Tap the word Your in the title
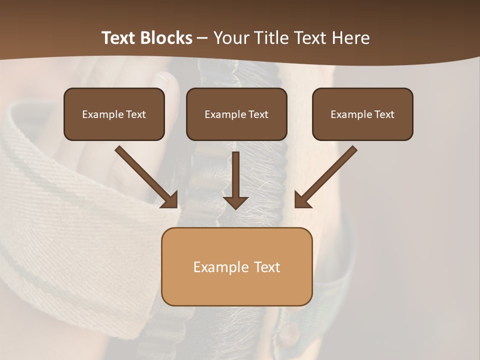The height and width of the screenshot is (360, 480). pyautogui.click(x=231, y=38)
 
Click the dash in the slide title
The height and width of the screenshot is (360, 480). pyautogui.click(x=202, y=38)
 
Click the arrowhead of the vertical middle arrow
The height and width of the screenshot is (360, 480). pyautogui.click(x=235, y=202)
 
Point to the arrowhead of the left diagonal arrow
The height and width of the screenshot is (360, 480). pyautogui.click(x=170, y=200)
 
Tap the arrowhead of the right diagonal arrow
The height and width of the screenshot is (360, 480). pyautogui.click(x=301, y=200)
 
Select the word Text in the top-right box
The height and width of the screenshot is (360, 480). pyautogui.click(x=384, y=114)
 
